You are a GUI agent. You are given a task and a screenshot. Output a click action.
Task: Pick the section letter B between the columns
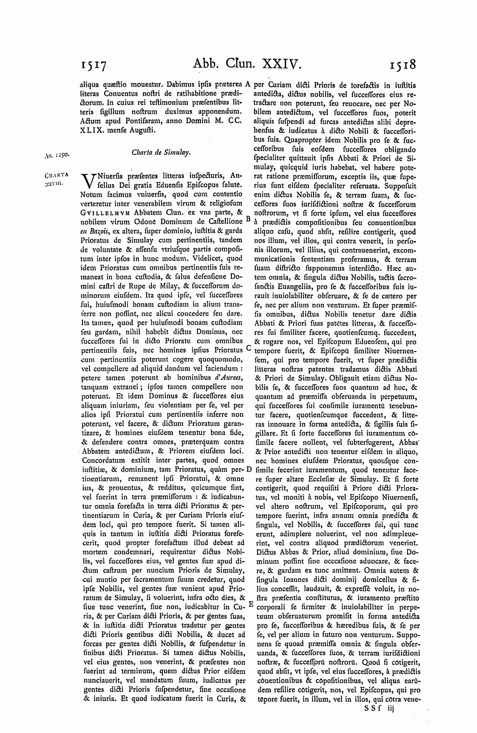[248, 218]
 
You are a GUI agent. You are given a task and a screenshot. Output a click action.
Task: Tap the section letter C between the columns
[248, 348]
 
